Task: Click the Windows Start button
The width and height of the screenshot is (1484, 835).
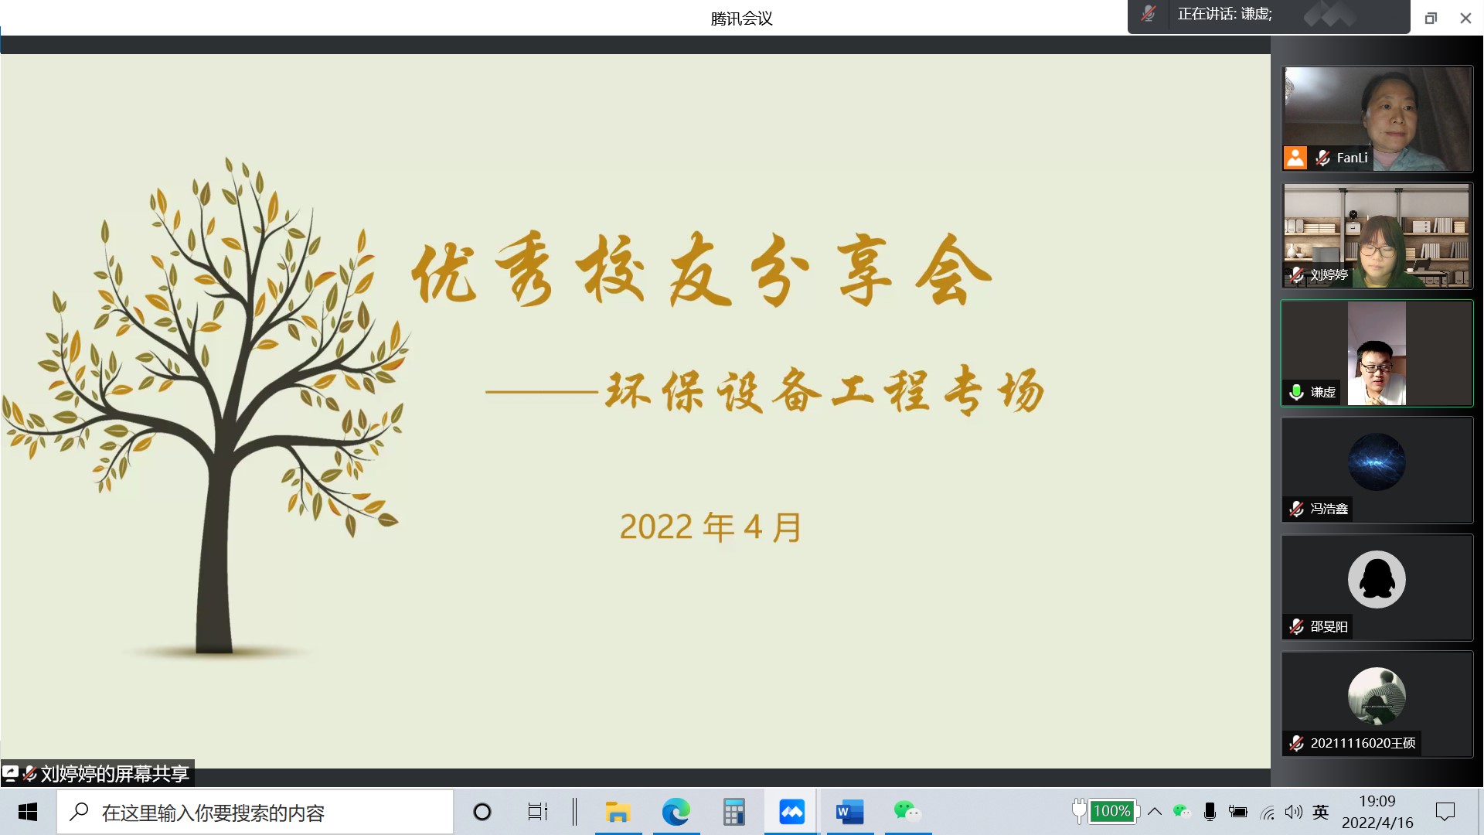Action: [28, 812]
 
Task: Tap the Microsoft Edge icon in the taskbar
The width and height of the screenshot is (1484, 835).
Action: [676, 812]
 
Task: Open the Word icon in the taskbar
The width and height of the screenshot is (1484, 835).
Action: [849, 812]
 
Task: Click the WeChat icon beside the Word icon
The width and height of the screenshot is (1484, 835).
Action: [907, 811]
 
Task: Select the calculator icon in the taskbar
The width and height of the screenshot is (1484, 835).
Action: [733, 812]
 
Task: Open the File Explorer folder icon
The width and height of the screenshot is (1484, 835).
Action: [618, 812]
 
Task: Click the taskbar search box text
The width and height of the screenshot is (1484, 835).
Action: [213, 813]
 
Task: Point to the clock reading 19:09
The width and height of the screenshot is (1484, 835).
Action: [1377, 801]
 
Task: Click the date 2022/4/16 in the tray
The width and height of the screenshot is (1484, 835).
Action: [1377, 823]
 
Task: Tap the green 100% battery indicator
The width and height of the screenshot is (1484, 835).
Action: [1112, 811]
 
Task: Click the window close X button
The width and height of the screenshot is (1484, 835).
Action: [1465, 18]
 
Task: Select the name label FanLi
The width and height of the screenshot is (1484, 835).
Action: [1352, 158]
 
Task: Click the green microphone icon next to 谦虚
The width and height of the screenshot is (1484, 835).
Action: [1297, 392]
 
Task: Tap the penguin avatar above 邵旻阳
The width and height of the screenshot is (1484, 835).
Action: [1377, 579]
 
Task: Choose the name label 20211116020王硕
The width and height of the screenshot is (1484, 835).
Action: [1363, 743]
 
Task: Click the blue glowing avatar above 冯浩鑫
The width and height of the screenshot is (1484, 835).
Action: [1377, 462]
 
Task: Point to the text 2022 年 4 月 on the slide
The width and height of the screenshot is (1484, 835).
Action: [711, 527]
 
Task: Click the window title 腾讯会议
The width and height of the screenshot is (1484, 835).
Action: [742, 19]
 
